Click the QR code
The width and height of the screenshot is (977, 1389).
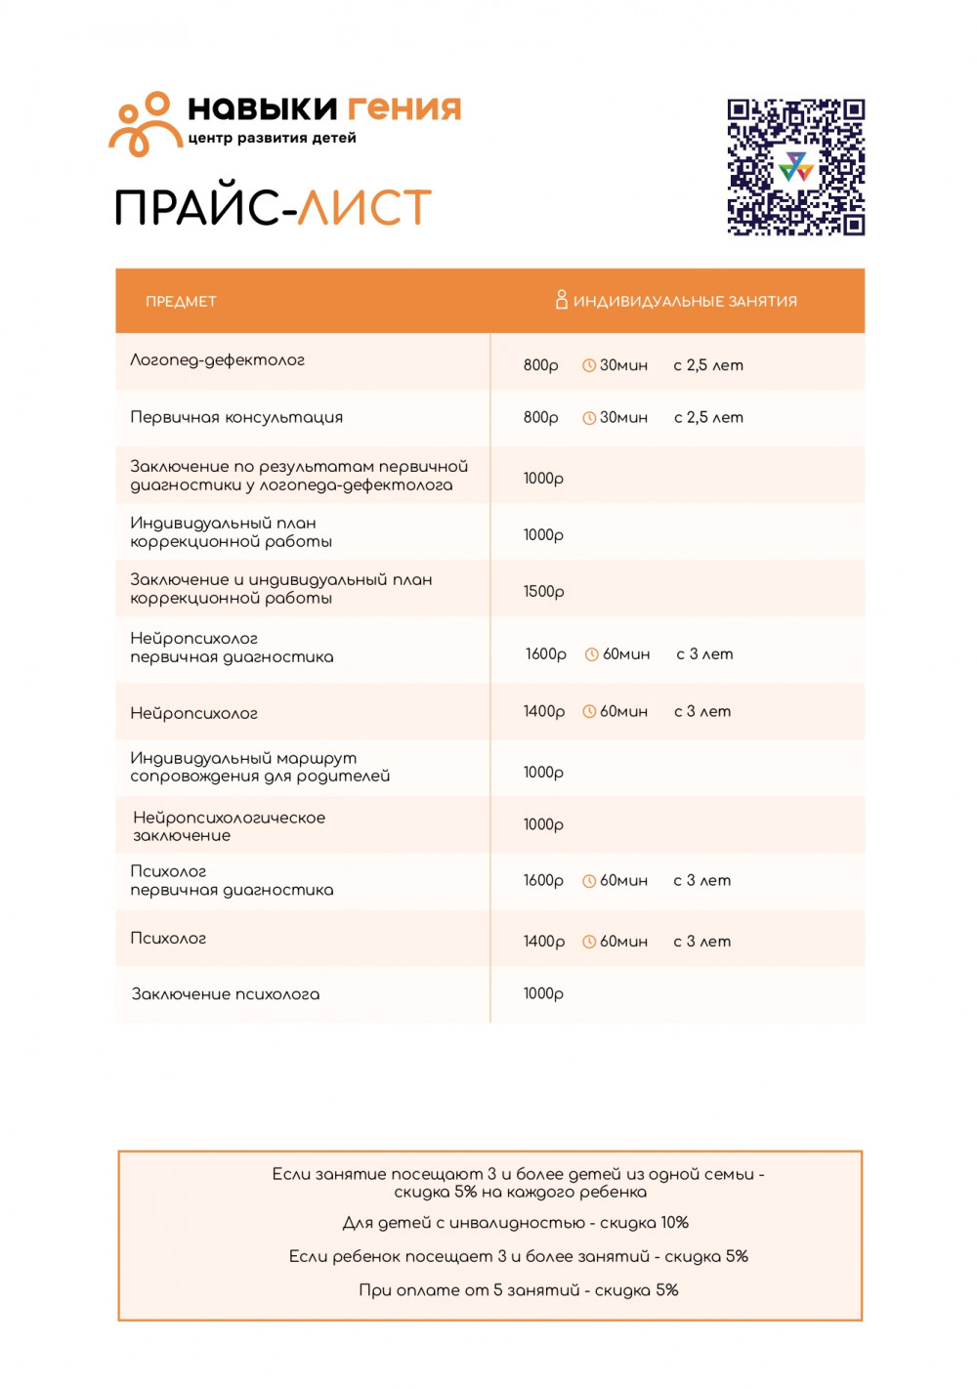[x=795, y=167]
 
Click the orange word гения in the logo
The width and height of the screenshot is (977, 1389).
[x=404, y=107]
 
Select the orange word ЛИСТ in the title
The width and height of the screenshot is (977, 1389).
[x=364, y=207]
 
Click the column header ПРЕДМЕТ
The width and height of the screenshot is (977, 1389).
[x=181, y=302]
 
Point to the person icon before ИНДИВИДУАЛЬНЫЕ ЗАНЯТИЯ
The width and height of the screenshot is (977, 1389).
[x=561, y=300]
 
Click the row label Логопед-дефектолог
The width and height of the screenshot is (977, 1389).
[x=217, y=360]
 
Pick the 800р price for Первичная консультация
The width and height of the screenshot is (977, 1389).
[x=540, y=418]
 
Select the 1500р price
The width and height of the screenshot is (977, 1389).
[x=543, y=592]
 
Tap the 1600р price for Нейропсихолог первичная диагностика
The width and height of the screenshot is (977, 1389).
[x=545, y=654]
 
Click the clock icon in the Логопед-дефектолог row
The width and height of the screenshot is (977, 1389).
[x=589, y=365]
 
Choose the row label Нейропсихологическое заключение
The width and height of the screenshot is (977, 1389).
[x=229, y=826]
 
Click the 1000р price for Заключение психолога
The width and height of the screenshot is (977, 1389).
[x=543, y=994]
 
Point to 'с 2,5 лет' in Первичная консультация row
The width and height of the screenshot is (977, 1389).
[x=708, y=418]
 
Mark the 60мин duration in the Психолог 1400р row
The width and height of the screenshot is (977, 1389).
[x=623, y=942]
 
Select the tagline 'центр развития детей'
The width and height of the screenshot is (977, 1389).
[x=272, y=139]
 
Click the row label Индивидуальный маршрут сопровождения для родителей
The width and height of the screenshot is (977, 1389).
[x=260, y=767]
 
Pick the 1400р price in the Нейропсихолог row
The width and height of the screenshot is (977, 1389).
[x=543, y=712]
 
